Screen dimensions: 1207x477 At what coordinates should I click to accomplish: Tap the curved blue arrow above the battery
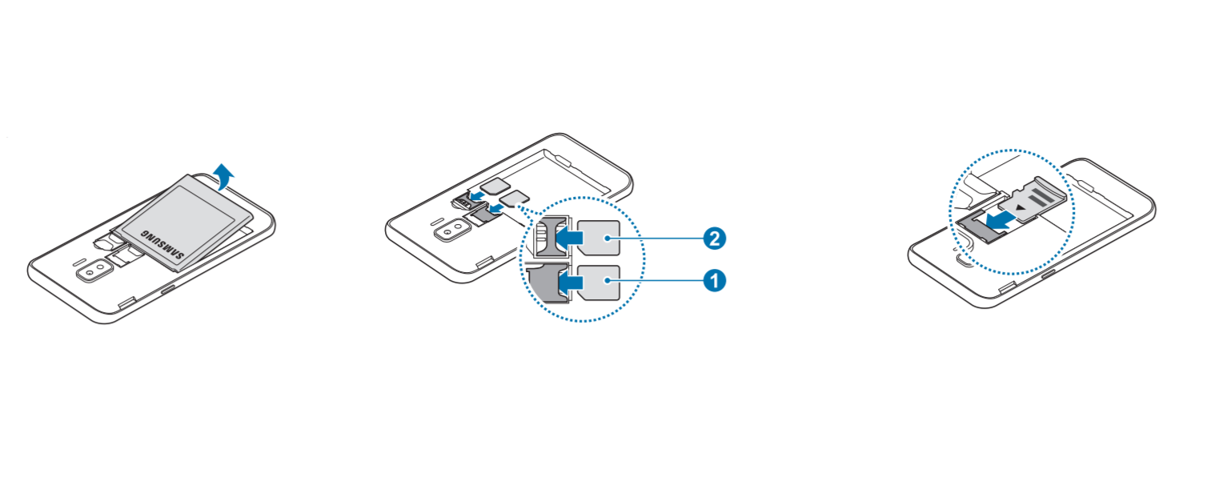(x=224, y=176)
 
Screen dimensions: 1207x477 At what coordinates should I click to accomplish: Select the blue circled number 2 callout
(x=715, y=238)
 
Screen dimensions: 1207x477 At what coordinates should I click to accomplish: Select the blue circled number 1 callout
(x=715, y=281)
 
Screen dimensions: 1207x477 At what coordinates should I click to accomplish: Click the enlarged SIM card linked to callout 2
(x=598, y=238)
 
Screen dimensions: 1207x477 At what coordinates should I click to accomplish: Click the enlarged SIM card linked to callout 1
(x=598, y=282)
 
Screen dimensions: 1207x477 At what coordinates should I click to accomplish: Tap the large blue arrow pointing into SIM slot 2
(x=569, y=237)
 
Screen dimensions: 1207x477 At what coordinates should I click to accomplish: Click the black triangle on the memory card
(x=1020, y=207)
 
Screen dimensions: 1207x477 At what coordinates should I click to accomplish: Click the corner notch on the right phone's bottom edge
(x=1007, y=288)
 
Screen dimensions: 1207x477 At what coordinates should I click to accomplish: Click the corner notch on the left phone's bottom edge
(x=126, y=303)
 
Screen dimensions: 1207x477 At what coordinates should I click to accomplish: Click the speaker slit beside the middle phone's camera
(x=438, y=222)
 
